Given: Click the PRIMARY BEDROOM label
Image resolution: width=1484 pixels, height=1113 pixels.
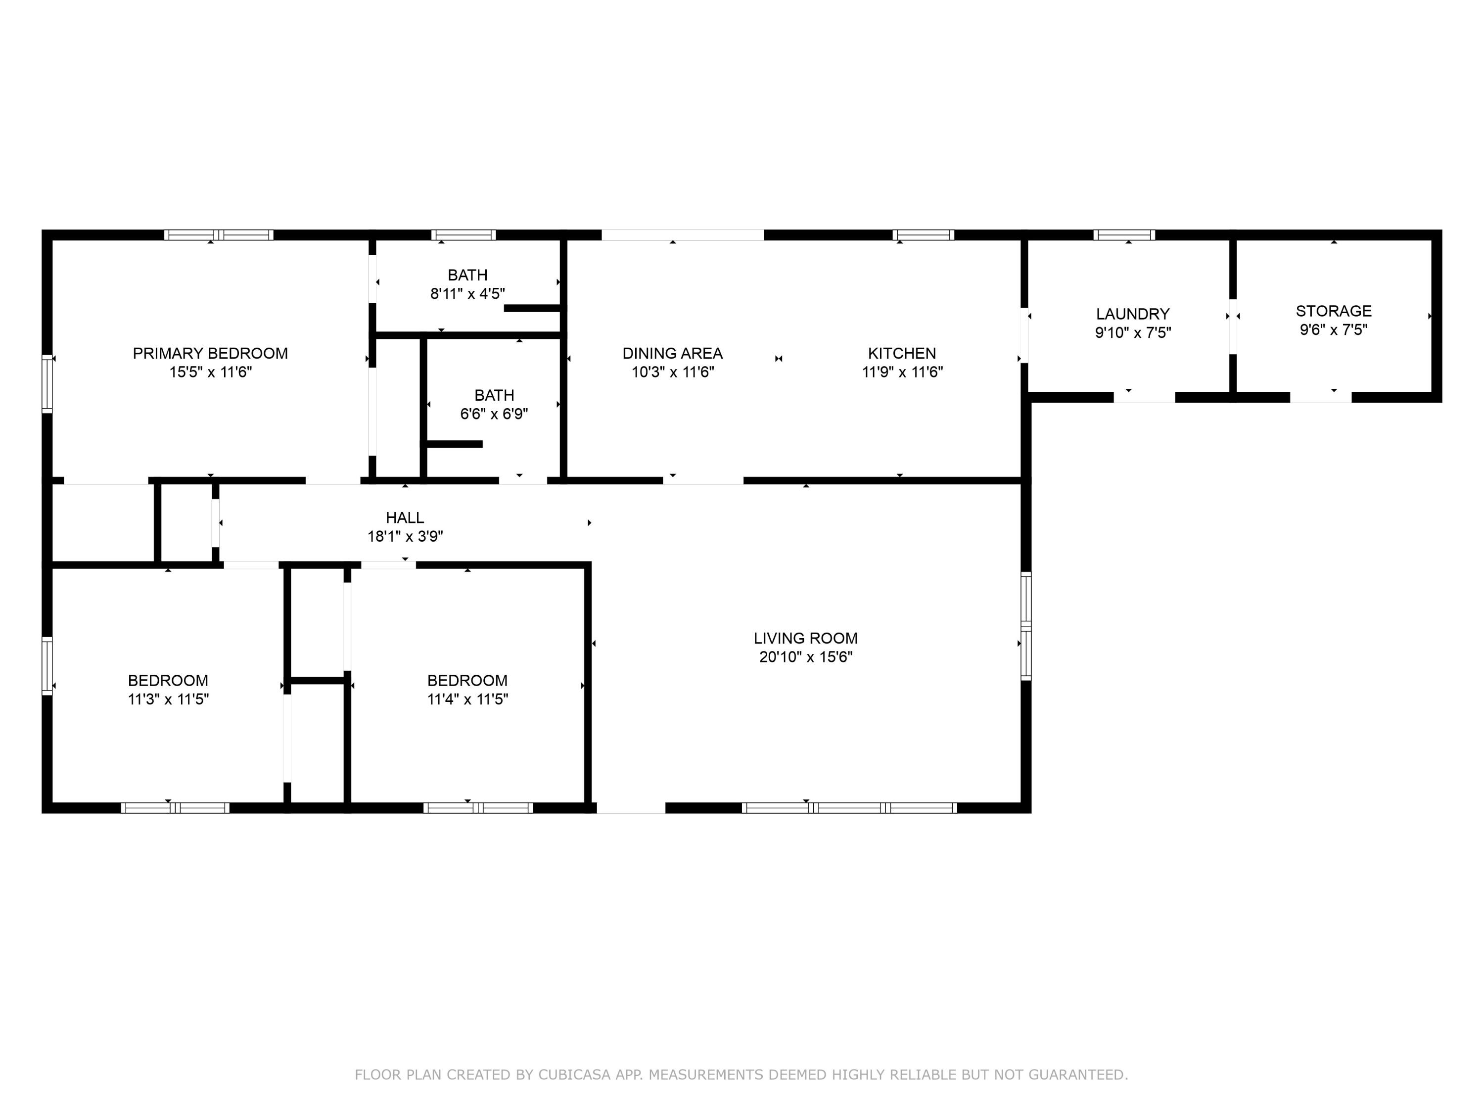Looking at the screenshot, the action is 210,354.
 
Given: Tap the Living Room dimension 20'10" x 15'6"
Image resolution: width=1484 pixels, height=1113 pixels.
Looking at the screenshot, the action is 806,657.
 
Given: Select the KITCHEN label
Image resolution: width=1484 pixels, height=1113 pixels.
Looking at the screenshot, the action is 902,354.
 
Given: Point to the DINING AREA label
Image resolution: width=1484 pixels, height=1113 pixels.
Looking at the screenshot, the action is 672,354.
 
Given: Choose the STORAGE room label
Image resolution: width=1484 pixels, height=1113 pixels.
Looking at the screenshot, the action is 1334,311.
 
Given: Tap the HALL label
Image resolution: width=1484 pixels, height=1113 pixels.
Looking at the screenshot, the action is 405,518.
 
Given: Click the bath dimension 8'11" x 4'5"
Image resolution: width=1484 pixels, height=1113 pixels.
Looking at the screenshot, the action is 467,294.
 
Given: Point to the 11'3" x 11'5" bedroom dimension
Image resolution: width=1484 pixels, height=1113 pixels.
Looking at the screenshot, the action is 168,699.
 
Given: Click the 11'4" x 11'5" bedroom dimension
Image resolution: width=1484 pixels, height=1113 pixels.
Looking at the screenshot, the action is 467,699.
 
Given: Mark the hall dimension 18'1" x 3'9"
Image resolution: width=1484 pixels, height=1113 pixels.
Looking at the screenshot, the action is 405,537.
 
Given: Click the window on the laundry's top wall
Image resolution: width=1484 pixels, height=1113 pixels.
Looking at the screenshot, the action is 1124,235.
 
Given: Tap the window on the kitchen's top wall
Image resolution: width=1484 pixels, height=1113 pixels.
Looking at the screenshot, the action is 923,235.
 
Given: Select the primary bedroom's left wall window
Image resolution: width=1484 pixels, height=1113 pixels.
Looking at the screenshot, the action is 47,384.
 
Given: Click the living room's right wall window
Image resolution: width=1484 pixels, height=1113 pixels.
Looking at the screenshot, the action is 1026,626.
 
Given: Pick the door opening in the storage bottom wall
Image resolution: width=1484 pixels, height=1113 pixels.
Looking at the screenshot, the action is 1320,397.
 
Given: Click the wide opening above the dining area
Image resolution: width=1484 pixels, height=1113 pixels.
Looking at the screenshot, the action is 682,235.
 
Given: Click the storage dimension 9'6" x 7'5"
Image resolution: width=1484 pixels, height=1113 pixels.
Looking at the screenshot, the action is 1334,330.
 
